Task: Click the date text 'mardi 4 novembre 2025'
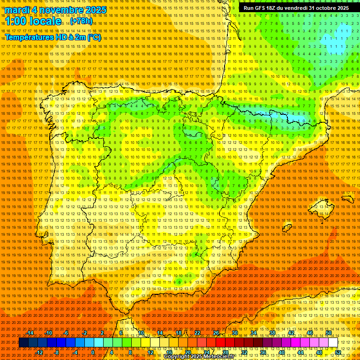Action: tap(56, 10)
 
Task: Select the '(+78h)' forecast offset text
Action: tap(81, 21)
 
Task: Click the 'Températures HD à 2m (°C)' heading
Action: tap(53, 37)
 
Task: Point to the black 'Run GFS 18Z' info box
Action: tap(296, 8)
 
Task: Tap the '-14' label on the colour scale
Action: tap(30, 333)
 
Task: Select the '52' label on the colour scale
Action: tap(338, 352)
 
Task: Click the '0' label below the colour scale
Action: tap(93, 352)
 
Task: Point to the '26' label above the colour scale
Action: tap(216, 333)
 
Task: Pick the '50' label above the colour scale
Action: tap(329, 333)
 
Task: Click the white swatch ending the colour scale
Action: tap(333, 343)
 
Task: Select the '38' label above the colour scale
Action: tap(272, 333)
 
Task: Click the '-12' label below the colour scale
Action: tap(39, 352)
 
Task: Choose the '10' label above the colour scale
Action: tap(141, 333)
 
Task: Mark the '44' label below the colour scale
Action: tap(300, 352)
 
